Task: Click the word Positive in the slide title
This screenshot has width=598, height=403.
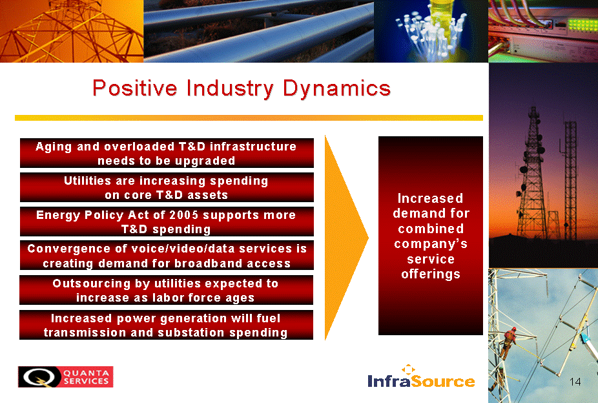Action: [x=135, y=88]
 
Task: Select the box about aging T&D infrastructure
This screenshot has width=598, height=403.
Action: [x=167, y=153]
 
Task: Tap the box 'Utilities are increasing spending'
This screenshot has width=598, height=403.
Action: [x=167, y=187]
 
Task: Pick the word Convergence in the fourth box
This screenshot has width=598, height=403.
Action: [x=68, y=249]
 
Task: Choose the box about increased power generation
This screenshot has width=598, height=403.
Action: [x=166, y=325]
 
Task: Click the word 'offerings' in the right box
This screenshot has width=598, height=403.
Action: [x=431, y=274]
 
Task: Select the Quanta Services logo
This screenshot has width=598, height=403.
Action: [x=66, y=377]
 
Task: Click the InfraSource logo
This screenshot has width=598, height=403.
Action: [x=422, y=377]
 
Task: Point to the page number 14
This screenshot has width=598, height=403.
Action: [x=575, y=382]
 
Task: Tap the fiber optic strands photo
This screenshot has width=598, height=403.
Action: [x=431, y=31]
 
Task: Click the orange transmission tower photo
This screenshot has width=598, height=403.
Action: [x=72, y=31]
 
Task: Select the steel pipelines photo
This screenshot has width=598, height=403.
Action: [x=259, y=31]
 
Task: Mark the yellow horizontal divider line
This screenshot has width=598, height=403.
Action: [x=249, y=118]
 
